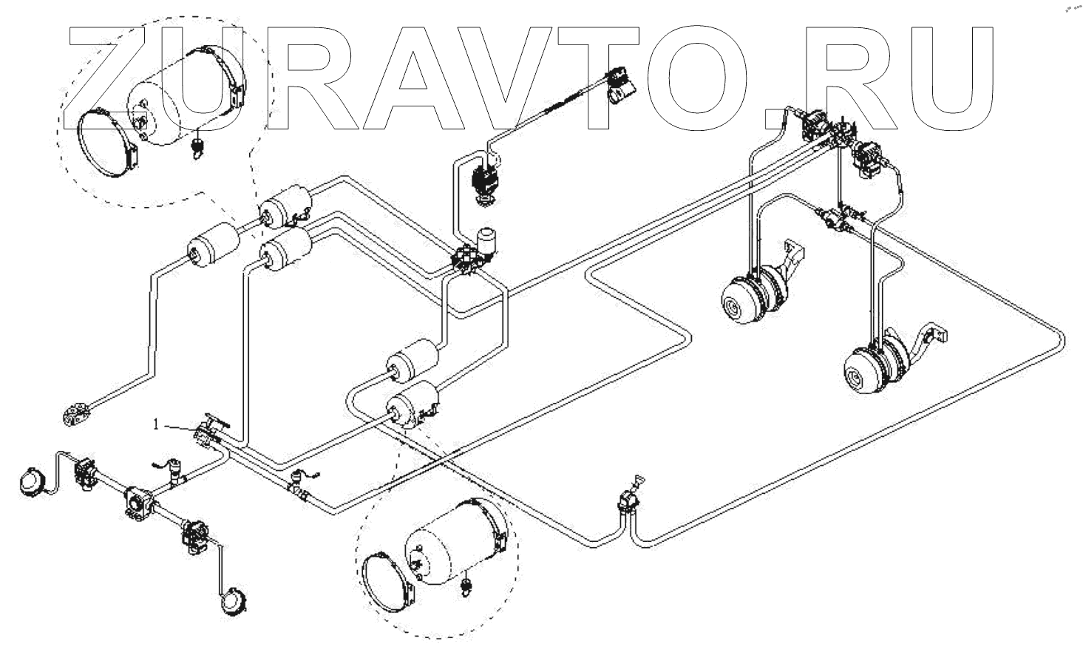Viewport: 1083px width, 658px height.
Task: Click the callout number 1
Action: pos(156,424)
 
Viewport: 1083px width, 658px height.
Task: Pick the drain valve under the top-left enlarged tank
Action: pos(197,146)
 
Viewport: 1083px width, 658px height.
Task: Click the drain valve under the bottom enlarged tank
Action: pos(466,586)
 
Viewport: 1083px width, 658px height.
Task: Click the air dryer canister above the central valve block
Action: pos(488,240)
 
